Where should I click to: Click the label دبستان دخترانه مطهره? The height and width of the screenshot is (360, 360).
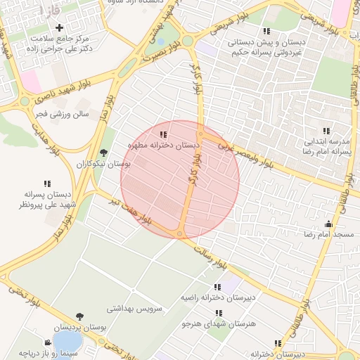tap(163, 144)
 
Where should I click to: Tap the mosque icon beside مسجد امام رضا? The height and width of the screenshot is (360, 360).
tap(328, 224)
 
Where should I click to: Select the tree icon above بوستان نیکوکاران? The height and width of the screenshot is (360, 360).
tap(104, 153)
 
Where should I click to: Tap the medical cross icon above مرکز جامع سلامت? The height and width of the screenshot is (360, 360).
tap(59, 27)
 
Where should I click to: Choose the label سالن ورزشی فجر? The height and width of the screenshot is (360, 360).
tap(60, 113)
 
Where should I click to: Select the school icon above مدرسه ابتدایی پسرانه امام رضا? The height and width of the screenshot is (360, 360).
tap(326, 131)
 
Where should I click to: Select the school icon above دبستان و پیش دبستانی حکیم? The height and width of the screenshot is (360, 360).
tap(266, 31)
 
